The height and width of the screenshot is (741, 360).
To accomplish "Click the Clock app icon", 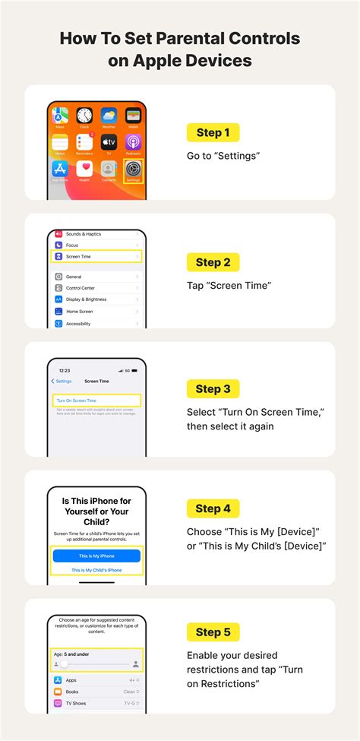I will (84, 116).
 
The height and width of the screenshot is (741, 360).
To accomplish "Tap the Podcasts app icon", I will (133, 142).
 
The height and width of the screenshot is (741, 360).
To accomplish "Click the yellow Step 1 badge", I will (213, 133).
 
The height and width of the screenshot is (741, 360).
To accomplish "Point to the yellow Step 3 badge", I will (213, 389).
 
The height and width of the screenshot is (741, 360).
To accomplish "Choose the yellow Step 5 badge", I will (213, 632).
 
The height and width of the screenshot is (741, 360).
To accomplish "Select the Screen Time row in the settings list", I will (96, 257).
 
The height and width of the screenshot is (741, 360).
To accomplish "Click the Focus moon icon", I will (58, 245).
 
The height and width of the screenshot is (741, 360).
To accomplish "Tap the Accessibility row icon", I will (58, 323).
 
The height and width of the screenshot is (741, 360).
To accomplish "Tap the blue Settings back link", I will (62, 381).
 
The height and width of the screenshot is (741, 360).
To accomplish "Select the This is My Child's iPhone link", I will (96, 569).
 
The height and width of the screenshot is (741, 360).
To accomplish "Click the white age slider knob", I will (65, 664).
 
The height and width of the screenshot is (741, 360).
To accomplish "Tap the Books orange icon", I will (58, 692).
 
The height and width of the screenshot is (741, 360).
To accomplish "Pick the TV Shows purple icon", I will (58, 704).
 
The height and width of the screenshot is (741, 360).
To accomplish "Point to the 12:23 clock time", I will (65, 370).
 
